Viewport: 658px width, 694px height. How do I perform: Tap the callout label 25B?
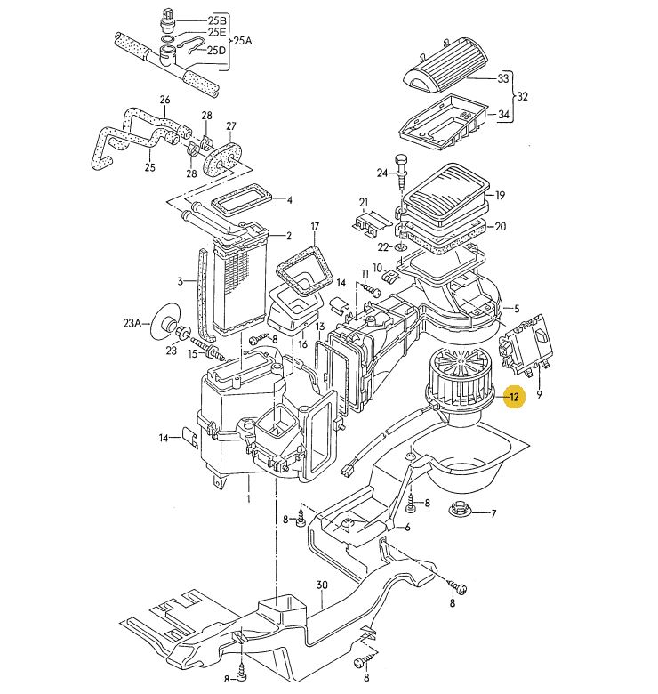coord(217,20)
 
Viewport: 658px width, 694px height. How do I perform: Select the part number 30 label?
coord(322,585)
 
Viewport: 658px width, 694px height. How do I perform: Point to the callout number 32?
coord(522,96)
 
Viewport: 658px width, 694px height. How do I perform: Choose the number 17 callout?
coord(314,226)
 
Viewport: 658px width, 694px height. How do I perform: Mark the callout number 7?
coord(493,513)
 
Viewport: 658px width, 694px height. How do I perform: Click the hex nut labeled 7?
coord(461,512)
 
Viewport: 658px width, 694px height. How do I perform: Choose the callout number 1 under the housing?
coord(248,498)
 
